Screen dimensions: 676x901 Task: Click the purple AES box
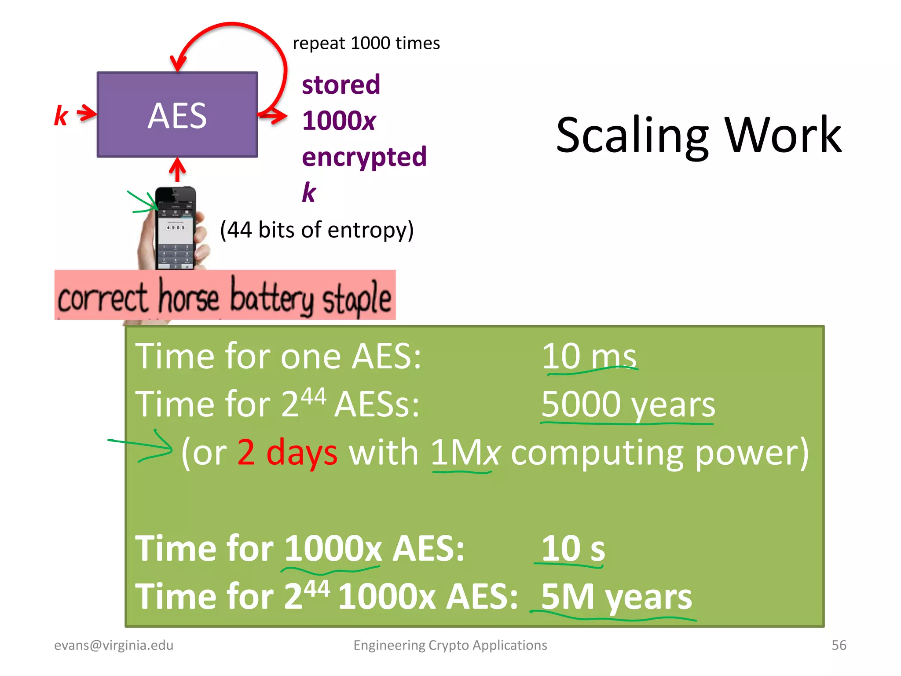tap(177, 114)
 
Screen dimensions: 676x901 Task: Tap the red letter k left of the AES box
tap(61, 116)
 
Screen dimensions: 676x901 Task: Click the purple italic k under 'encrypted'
tap(309, 192)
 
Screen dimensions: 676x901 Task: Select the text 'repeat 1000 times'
tap(366, 44)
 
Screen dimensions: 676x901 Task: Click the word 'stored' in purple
tap(341, 84)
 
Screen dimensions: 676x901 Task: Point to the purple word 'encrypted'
tap(364, 157)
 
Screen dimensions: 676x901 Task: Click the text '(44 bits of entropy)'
tap(317, 230)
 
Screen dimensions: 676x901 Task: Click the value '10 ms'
tap(589, 356)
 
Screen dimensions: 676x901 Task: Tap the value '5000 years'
tap(628, 404)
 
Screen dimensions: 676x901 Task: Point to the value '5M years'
tap(616, 597)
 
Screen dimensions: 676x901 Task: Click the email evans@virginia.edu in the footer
tap(114, 645)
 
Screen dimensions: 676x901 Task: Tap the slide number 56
tap(839, 645)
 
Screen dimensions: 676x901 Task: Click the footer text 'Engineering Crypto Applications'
tap(450, 645)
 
